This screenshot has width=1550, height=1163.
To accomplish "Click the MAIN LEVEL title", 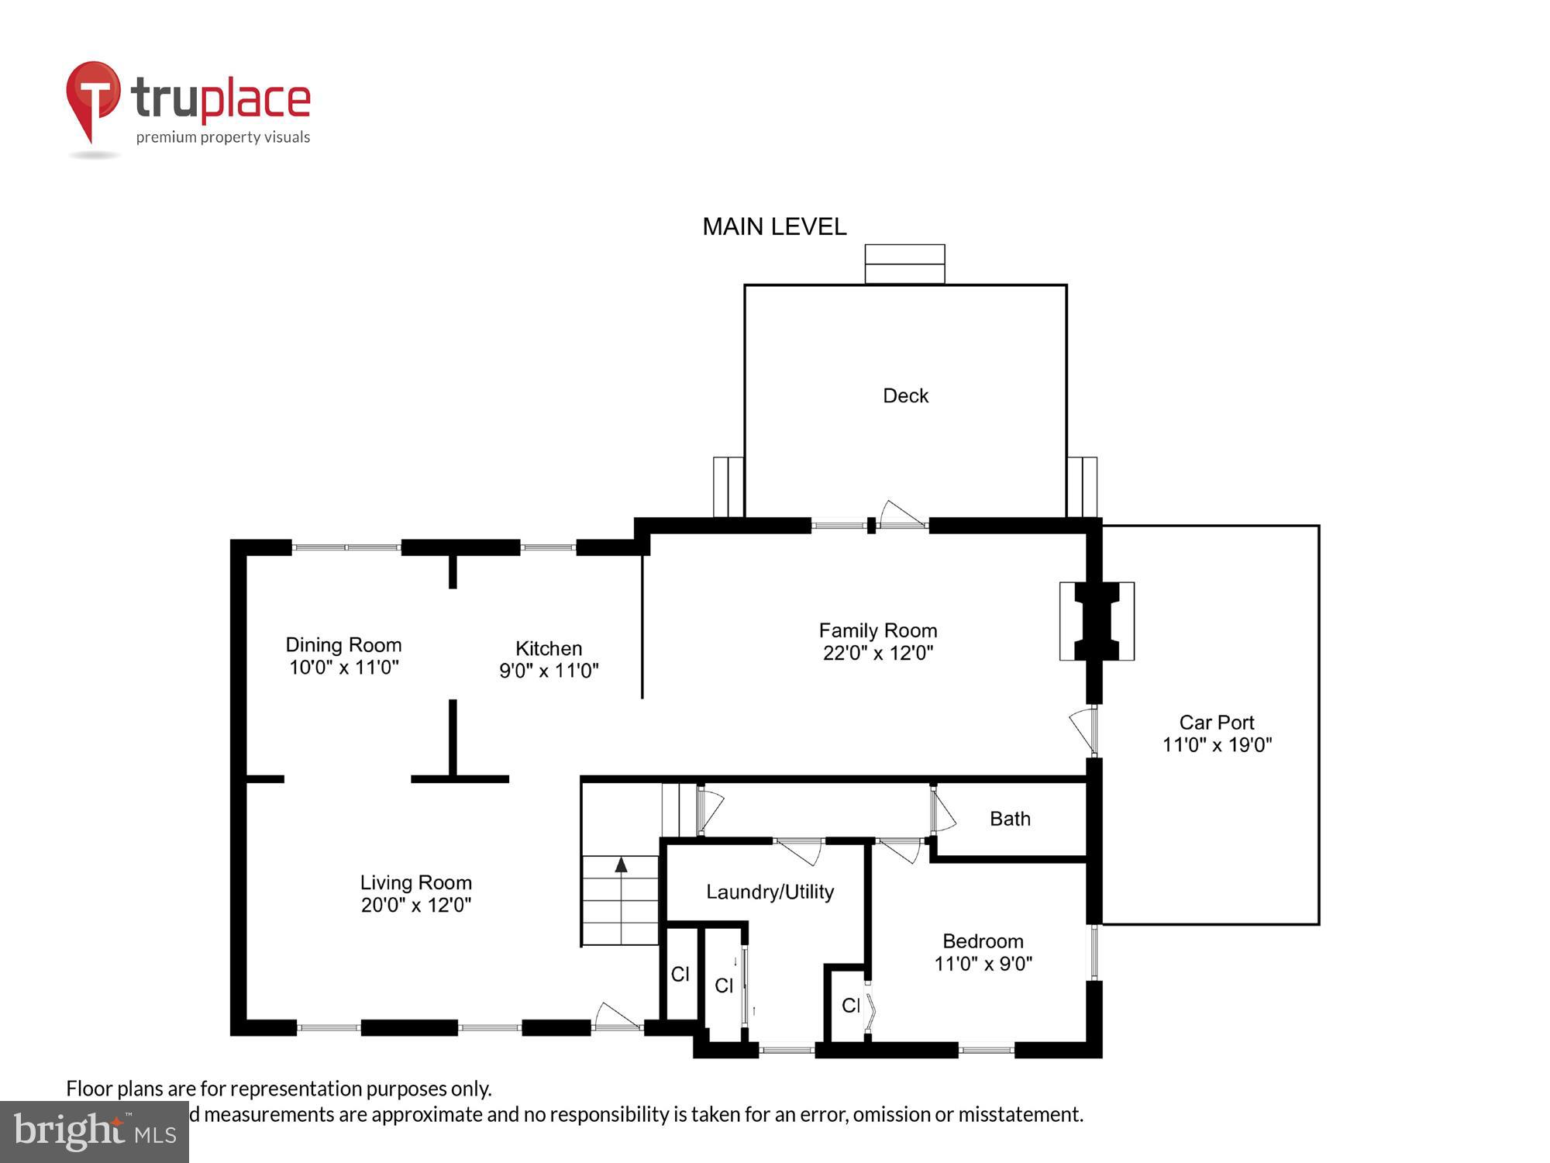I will pos(773,226).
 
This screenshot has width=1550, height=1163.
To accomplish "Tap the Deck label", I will pos(905,395).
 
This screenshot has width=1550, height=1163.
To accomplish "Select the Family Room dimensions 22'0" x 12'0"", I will pos(877,653).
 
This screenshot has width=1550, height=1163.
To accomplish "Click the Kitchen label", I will pos(549,648).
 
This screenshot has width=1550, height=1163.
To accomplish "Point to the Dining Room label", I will pos(343,645).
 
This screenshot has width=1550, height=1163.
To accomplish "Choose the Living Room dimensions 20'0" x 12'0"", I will pos(415,905).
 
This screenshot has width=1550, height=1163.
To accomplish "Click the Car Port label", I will pos(1216,723).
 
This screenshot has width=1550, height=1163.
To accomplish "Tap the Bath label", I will pos(1010,819).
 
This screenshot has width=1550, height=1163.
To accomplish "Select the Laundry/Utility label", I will pos(770,892).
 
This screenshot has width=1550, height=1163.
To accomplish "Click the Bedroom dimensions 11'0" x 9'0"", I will pos(983,964).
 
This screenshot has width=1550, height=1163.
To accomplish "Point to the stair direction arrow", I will pos(621,865).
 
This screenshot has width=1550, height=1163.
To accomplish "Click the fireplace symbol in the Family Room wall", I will pos(1097,621).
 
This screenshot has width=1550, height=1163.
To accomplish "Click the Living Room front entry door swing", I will pos(618,1016).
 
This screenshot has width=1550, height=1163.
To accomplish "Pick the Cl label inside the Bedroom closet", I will pos(850,1006).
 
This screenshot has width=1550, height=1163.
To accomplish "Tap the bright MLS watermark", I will pos(94,1132).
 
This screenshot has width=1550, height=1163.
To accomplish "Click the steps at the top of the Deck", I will pos(904,264).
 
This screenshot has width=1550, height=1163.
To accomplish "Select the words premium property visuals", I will pos(223,138).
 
